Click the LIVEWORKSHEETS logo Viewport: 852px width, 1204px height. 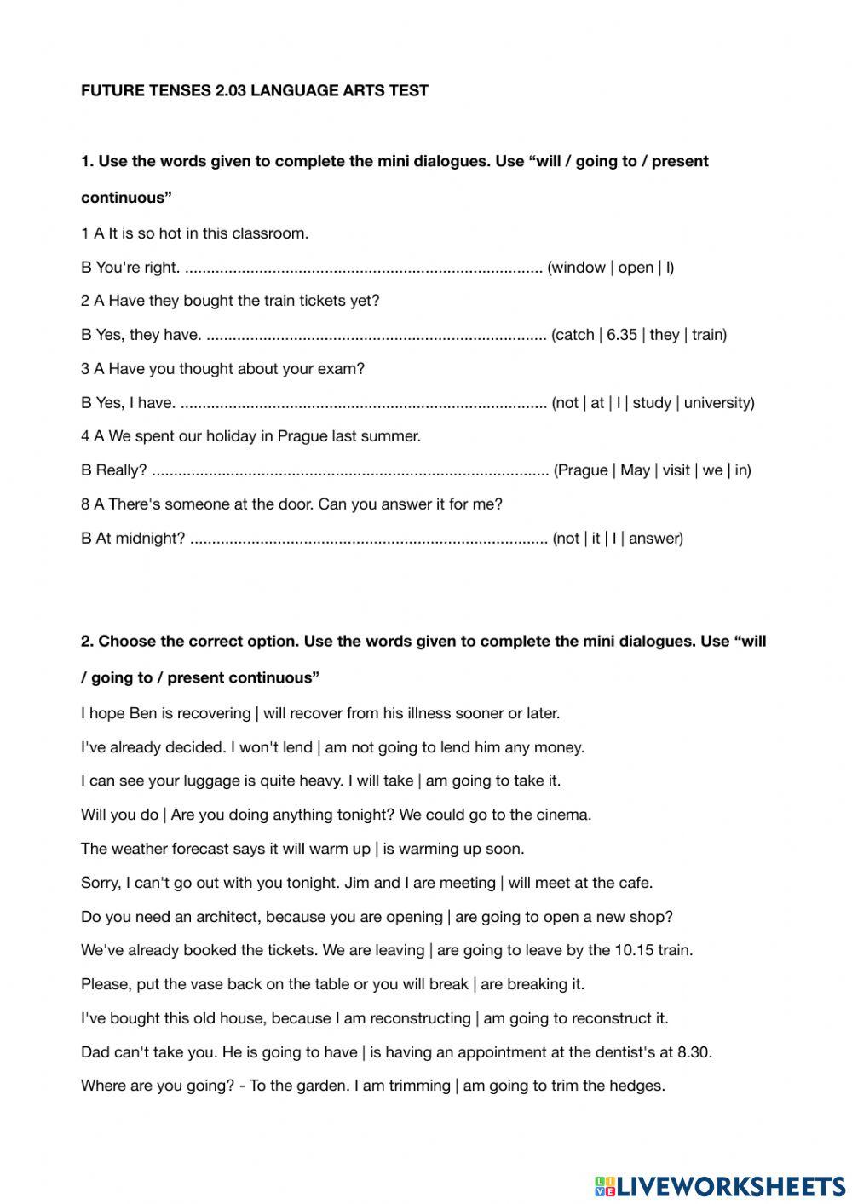click(x=720, y=1185)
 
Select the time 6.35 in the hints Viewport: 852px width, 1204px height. click(x=622, y=335)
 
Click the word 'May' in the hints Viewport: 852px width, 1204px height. click(x=635, y=470)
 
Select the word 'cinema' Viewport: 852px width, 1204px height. click(x=561, y=815)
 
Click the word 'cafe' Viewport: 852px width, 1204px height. click(x=635, y=883)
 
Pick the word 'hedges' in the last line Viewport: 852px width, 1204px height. click(x=636, y=1086)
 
